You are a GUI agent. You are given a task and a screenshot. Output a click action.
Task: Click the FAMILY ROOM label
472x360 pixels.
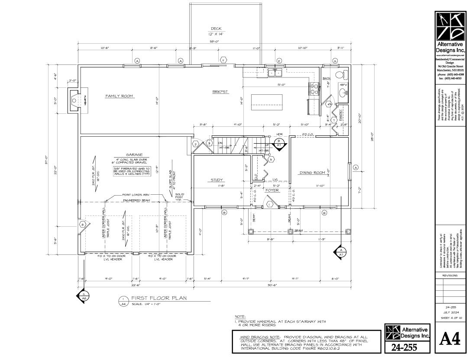point(119,96)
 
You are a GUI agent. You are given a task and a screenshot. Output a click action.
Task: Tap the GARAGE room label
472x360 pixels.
point(134,154)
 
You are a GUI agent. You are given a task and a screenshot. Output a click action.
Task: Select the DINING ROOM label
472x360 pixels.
point(312,173)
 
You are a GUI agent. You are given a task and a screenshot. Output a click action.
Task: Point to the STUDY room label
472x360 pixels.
point(217,180)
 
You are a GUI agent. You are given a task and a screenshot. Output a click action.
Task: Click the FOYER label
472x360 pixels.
point(272,190)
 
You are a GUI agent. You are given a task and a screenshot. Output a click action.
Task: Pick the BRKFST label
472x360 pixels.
point(220,92)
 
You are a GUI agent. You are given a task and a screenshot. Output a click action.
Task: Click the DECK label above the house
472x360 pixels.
point(216,29)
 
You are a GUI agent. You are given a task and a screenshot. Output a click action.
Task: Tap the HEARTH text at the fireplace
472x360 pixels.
point(85,100)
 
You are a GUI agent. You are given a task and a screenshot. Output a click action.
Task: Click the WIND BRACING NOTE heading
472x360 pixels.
point(259,336)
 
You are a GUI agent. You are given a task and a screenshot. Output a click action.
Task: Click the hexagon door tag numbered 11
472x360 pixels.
point(224,60)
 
